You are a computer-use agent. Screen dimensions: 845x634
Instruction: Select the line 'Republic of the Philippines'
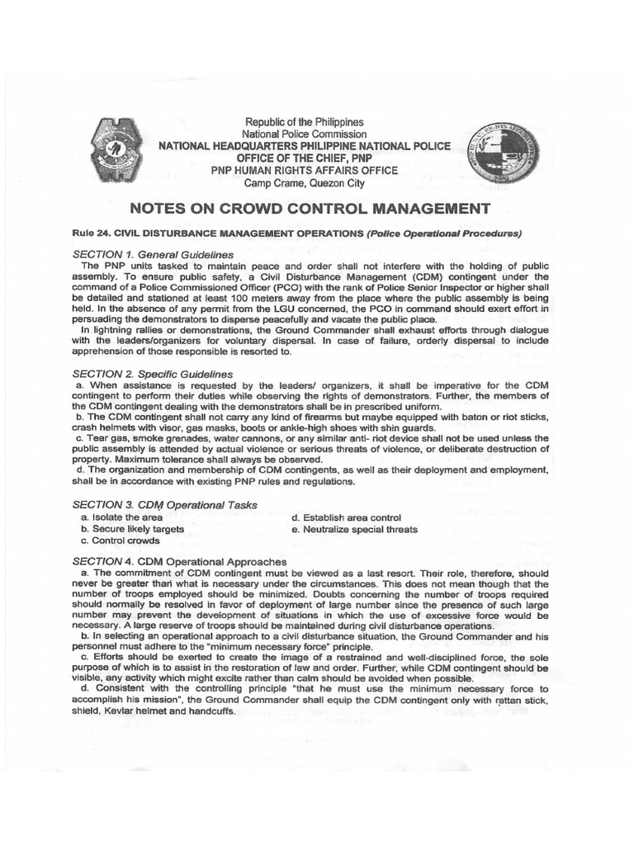click(x=302, y=122)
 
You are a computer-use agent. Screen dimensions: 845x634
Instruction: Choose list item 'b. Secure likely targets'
click(x=132, y=529)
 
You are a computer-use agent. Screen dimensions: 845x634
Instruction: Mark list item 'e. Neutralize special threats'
click(x=354, y=529)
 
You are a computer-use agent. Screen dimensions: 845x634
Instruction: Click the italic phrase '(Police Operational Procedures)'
click(x=446, y=234)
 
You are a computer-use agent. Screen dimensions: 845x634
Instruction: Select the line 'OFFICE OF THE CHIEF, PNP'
click(x=302, y=158)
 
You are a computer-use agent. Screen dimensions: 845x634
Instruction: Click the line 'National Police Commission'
click(x=302, y=134)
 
